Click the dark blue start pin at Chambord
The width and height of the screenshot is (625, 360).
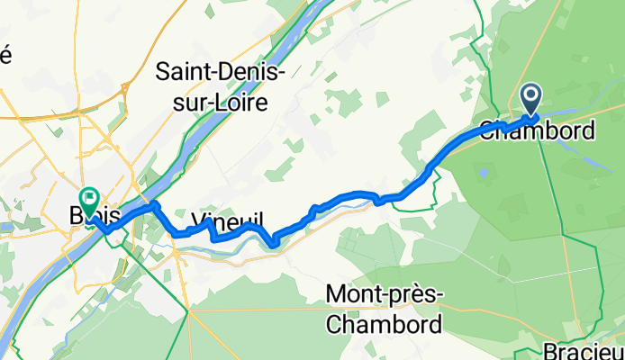point(530,97)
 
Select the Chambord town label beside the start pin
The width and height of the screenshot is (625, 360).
point(538,130)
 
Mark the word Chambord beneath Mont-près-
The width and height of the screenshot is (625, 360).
point(385,324)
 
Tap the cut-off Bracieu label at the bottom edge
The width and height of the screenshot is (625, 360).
point(584,350)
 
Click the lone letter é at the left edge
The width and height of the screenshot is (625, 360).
point(5,54)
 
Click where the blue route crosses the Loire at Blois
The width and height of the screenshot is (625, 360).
point(127,212)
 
